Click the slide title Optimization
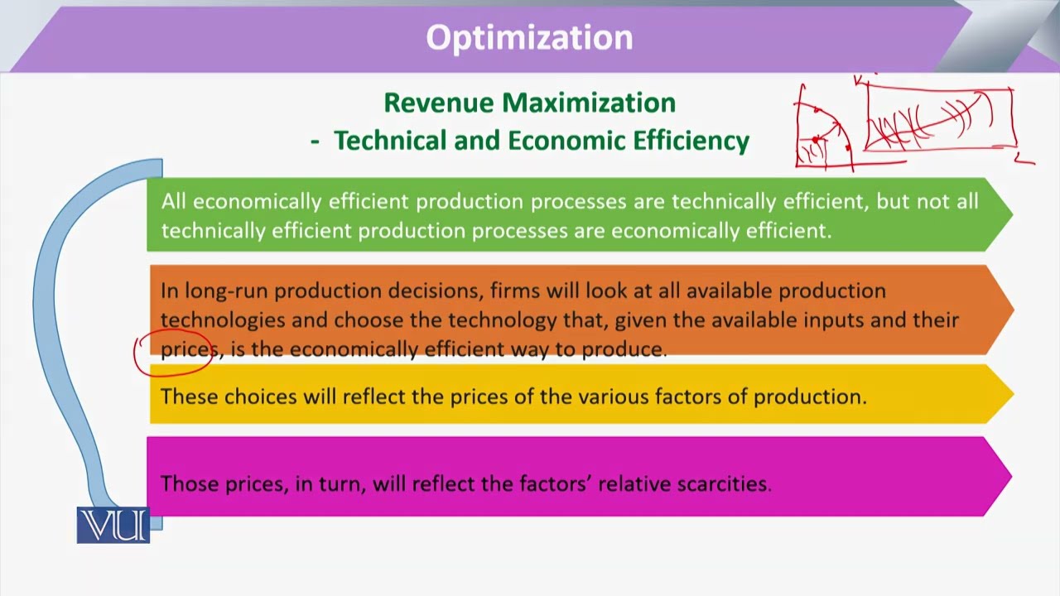529,38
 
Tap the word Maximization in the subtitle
589,103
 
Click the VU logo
113,526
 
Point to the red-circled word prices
188,349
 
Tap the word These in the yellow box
189,397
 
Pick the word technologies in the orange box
222,320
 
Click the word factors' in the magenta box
555,483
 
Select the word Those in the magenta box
190,483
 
